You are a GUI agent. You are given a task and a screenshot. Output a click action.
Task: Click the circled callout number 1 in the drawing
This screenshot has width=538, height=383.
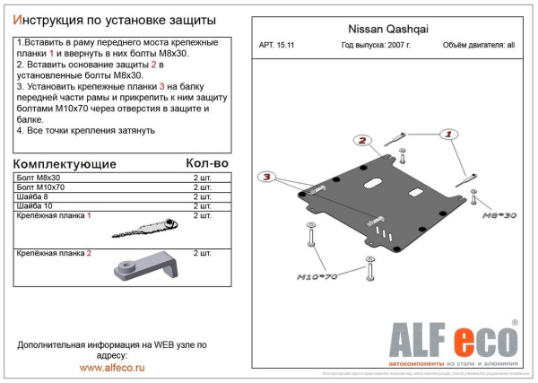tap(446, 134)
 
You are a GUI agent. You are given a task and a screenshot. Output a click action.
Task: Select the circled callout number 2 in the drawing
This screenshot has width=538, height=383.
tap(361, 141)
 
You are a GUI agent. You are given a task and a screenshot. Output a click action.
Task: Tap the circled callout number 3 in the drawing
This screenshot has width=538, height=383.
tap(266, 178)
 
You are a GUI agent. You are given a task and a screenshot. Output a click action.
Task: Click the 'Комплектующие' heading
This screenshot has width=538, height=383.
tap(65, 164)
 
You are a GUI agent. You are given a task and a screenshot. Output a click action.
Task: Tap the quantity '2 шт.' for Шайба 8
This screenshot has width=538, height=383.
tap(203, 197)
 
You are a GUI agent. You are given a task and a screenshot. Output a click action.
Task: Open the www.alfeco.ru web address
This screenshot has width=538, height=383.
tap(112, 366)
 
